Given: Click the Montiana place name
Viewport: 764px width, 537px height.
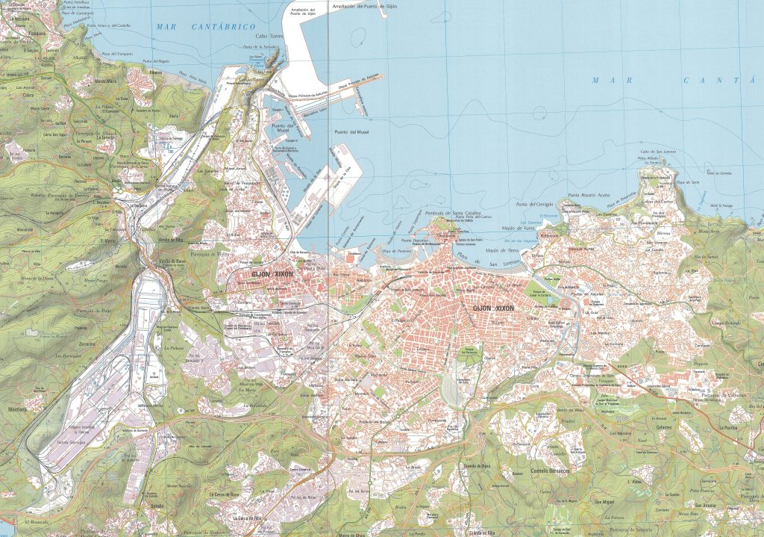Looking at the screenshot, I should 16,409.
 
